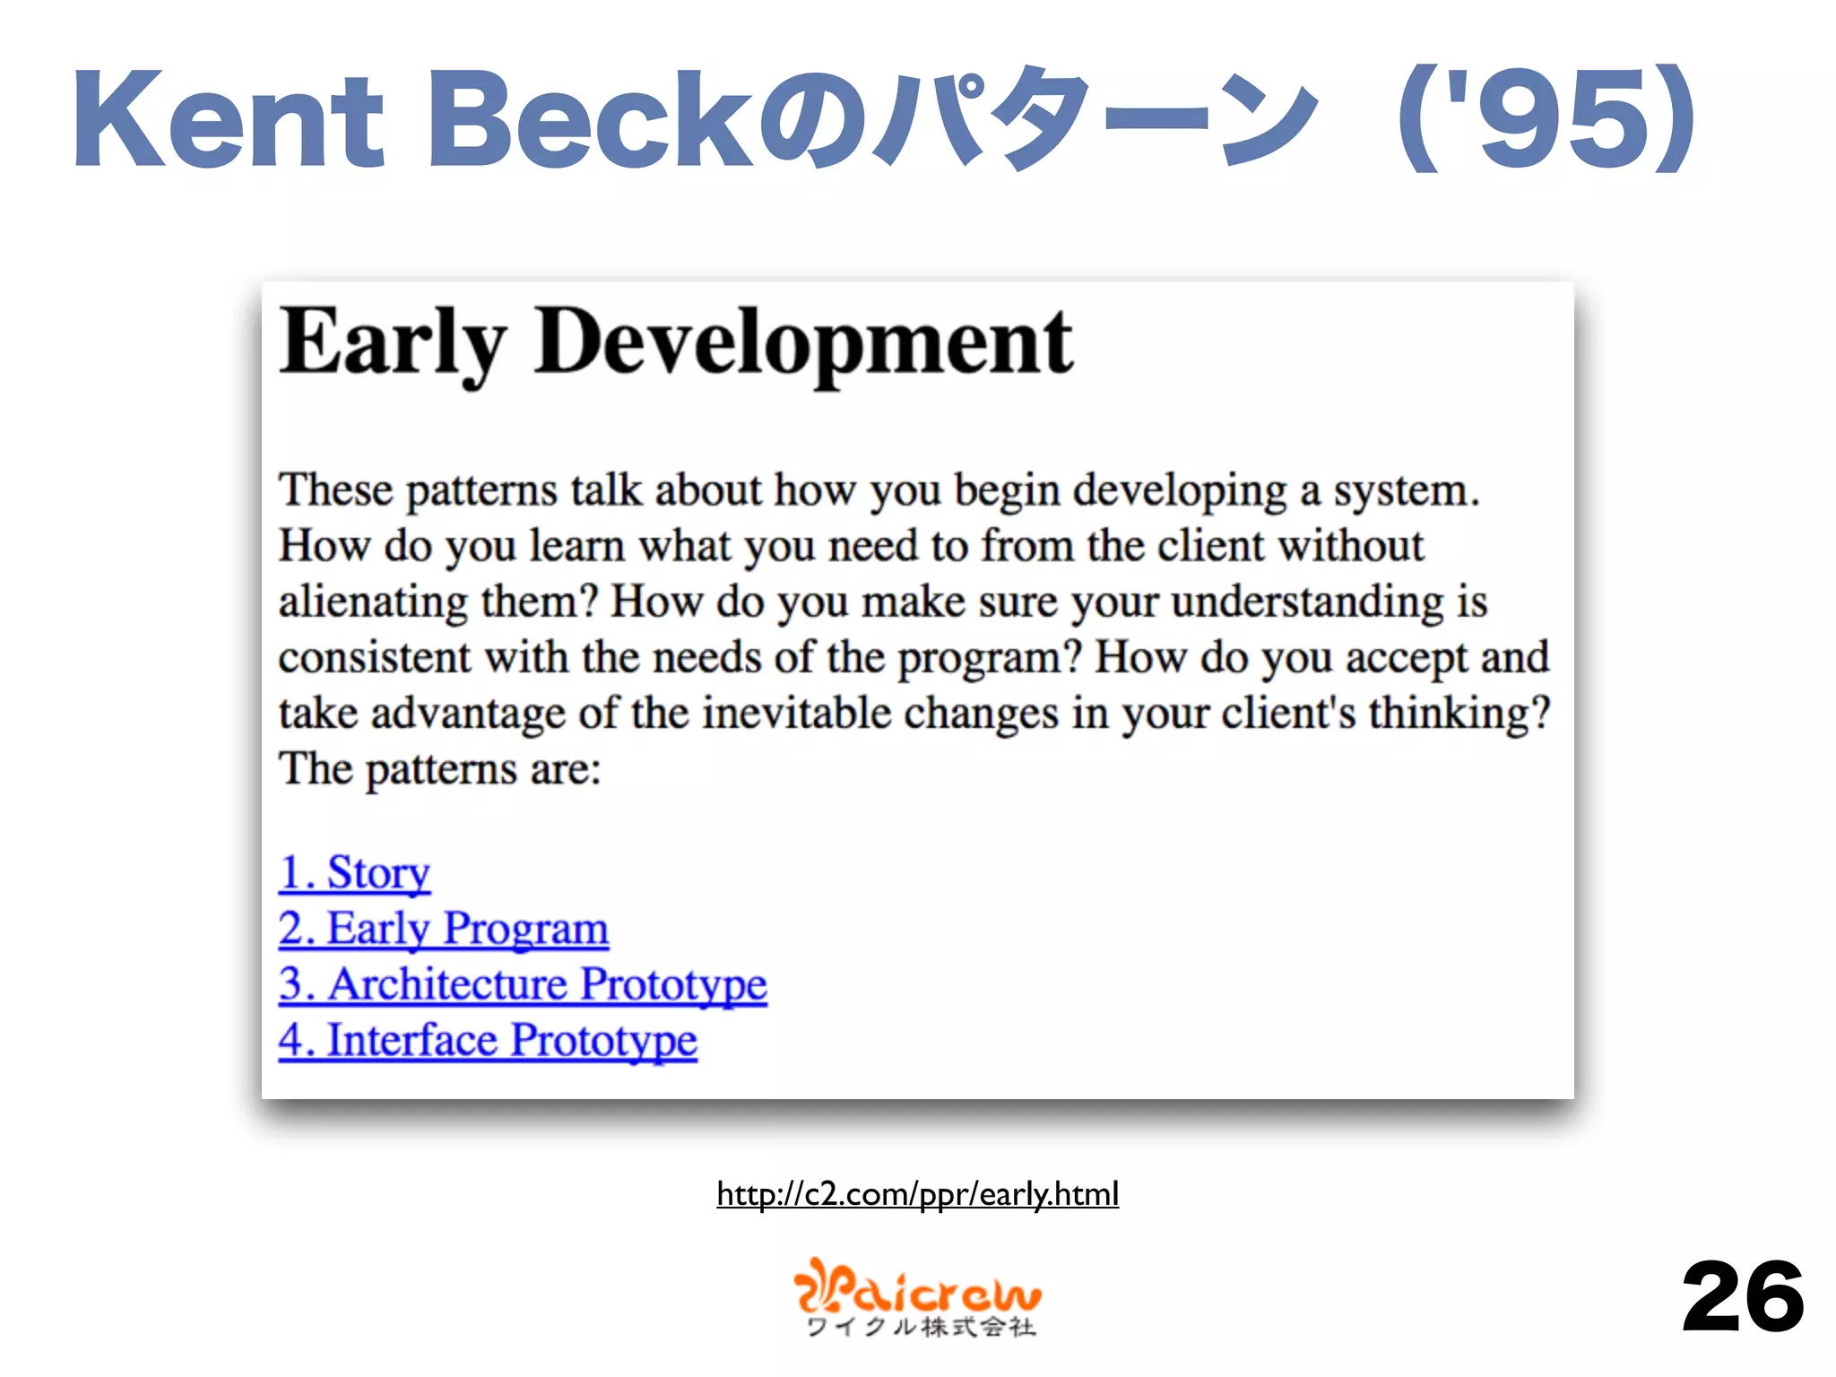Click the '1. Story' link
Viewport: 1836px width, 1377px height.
354,872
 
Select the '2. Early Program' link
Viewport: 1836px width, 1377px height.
443,928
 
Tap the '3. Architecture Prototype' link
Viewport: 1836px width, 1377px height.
523,984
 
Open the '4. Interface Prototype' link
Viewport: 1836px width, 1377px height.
487,1040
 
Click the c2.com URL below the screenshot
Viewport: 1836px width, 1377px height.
917,1194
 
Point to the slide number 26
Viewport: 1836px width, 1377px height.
1742,1297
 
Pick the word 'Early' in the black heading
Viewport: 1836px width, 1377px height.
392,343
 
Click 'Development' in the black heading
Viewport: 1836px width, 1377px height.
802,343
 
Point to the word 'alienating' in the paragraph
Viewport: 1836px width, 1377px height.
372,602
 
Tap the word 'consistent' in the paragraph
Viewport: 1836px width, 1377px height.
374,657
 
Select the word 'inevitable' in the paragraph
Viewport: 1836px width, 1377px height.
796,714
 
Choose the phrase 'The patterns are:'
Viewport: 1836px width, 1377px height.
439,769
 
